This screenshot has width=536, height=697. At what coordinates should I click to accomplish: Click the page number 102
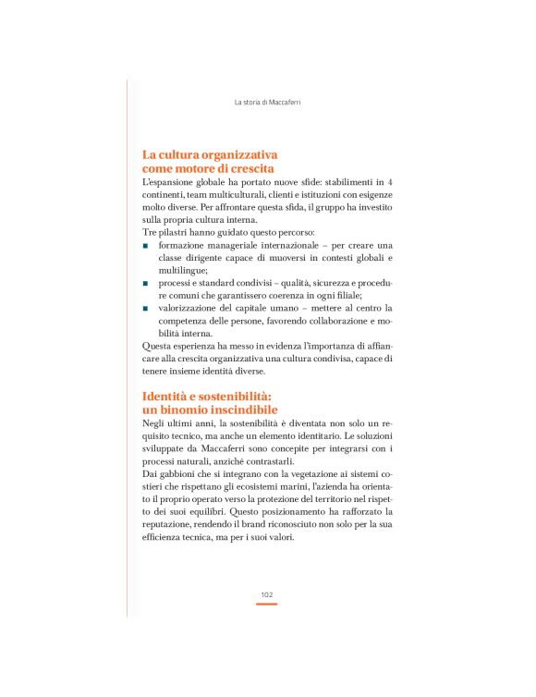pyautogui.click(x=266, y=594)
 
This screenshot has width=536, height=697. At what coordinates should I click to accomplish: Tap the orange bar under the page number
pyautogui.click(x=266, y=604)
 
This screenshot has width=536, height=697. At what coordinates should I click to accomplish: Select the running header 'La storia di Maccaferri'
pyautogui.click(x=268, y=101)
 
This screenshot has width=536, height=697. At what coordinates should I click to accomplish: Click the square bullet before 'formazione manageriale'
pyautogui.click(x=145, y=245)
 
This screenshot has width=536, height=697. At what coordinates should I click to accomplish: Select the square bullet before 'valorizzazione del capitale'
pyautogui.click(x=145, y=307)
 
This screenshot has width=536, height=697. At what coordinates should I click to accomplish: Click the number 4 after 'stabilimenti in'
pyautogui.click(x=390, y=183)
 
